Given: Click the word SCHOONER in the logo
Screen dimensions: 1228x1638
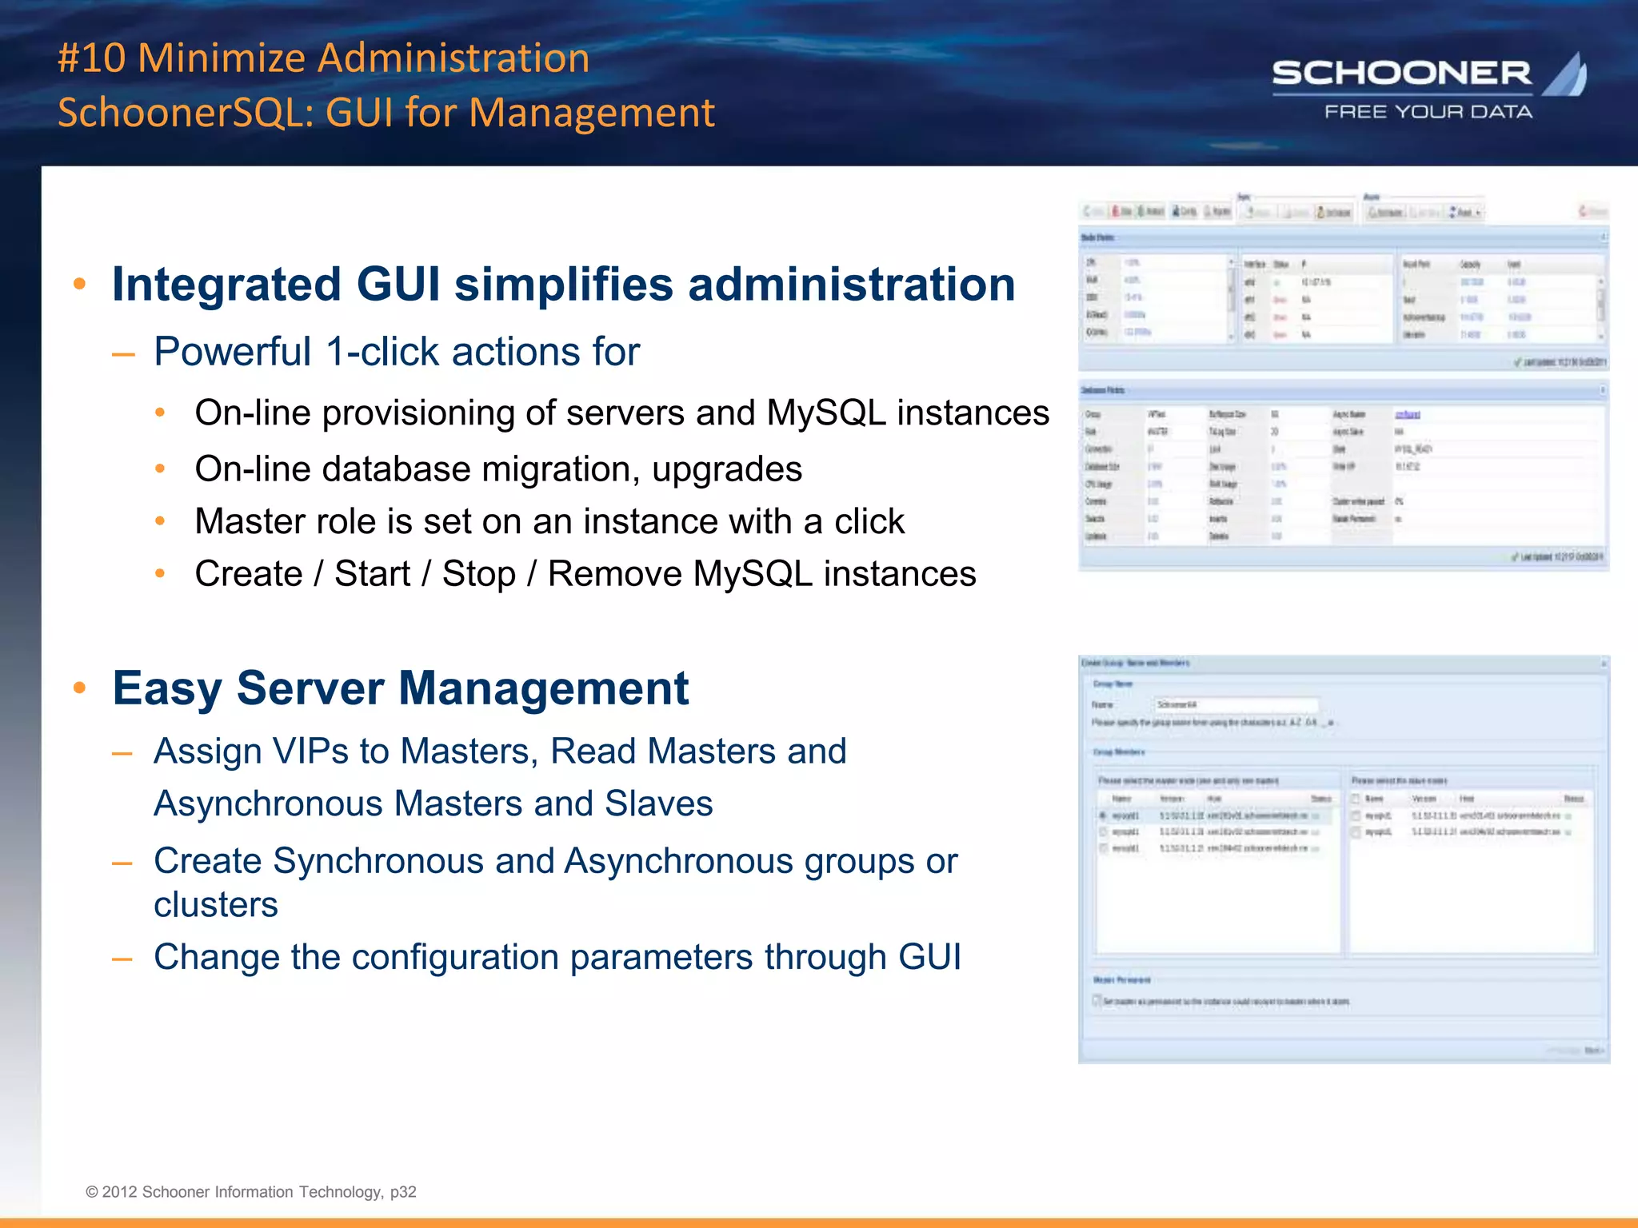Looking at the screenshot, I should [x=1401, y=74].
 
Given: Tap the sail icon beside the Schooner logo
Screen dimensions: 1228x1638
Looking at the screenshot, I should [x=1565, y=75].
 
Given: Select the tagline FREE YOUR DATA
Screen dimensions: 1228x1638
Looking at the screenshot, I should [x=1428, y=112].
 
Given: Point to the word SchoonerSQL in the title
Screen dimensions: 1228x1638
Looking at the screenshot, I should [x=186, y=113].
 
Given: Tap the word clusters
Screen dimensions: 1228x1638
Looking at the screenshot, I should [x=216, y=905].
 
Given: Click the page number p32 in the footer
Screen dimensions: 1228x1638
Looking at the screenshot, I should [x=403, y=1192].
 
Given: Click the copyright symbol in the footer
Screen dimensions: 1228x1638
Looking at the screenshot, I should [x=92, y=1192].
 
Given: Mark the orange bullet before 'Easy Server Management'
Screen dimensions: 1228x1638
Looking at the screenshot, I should [x=79, y=688].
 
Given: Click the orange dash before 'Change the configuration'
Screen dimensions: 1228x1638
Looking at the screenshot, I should [x=122, y=958].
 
